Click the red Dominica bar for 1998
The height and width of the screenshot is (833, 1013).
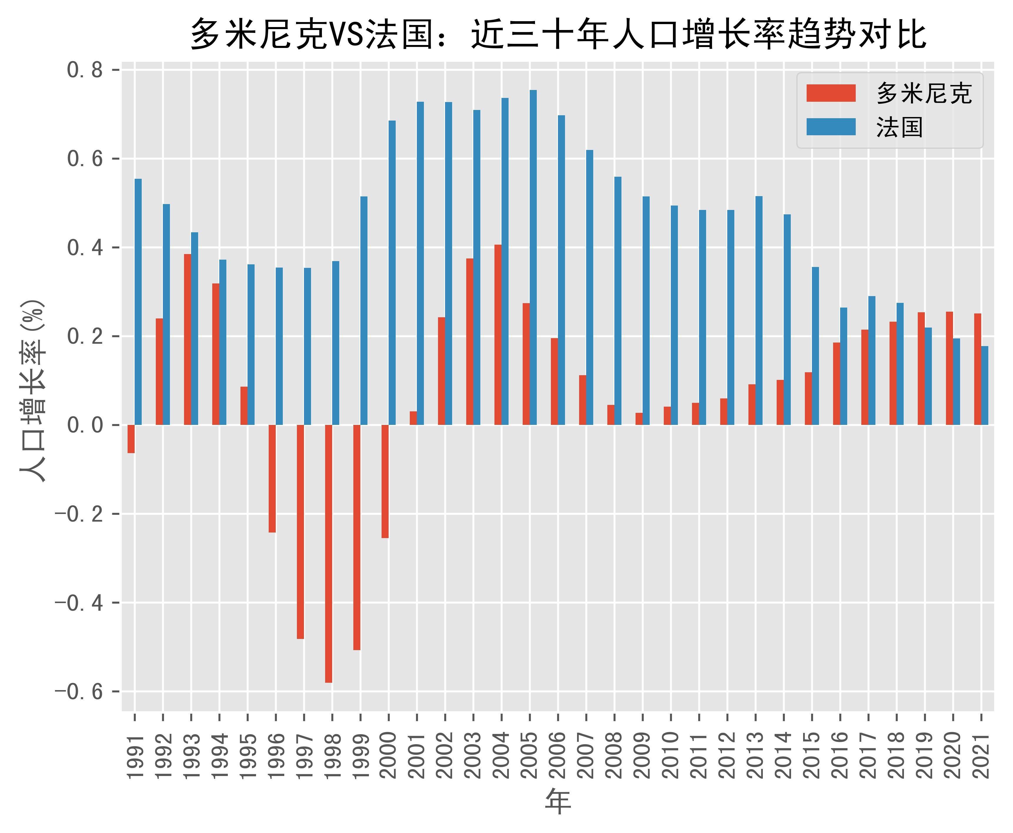coord(329,553)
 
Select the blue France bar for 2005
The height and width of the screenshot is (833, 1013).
coord(533,257)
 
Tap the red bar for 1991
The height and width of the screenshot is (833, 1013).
coord(131,439)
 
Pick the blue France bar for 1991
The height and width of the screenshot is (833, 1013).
coord(138,302)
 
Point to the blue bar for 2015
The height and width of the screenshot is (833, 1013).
coord(815,345)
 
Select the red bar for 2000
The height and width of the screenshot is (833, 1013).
coord(385,481)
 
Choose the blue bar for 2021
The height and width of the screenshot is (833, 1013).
coord(985,385)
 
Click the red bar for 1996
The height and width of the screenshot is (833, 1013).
coord(272,478)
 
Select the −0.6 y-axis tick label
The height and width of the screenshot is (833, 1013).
coord(79,692)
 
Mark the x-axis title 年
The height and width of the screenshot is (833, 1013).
coord(558,802)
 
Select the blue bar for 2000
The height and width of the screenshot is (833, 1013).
coord(392,273)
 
